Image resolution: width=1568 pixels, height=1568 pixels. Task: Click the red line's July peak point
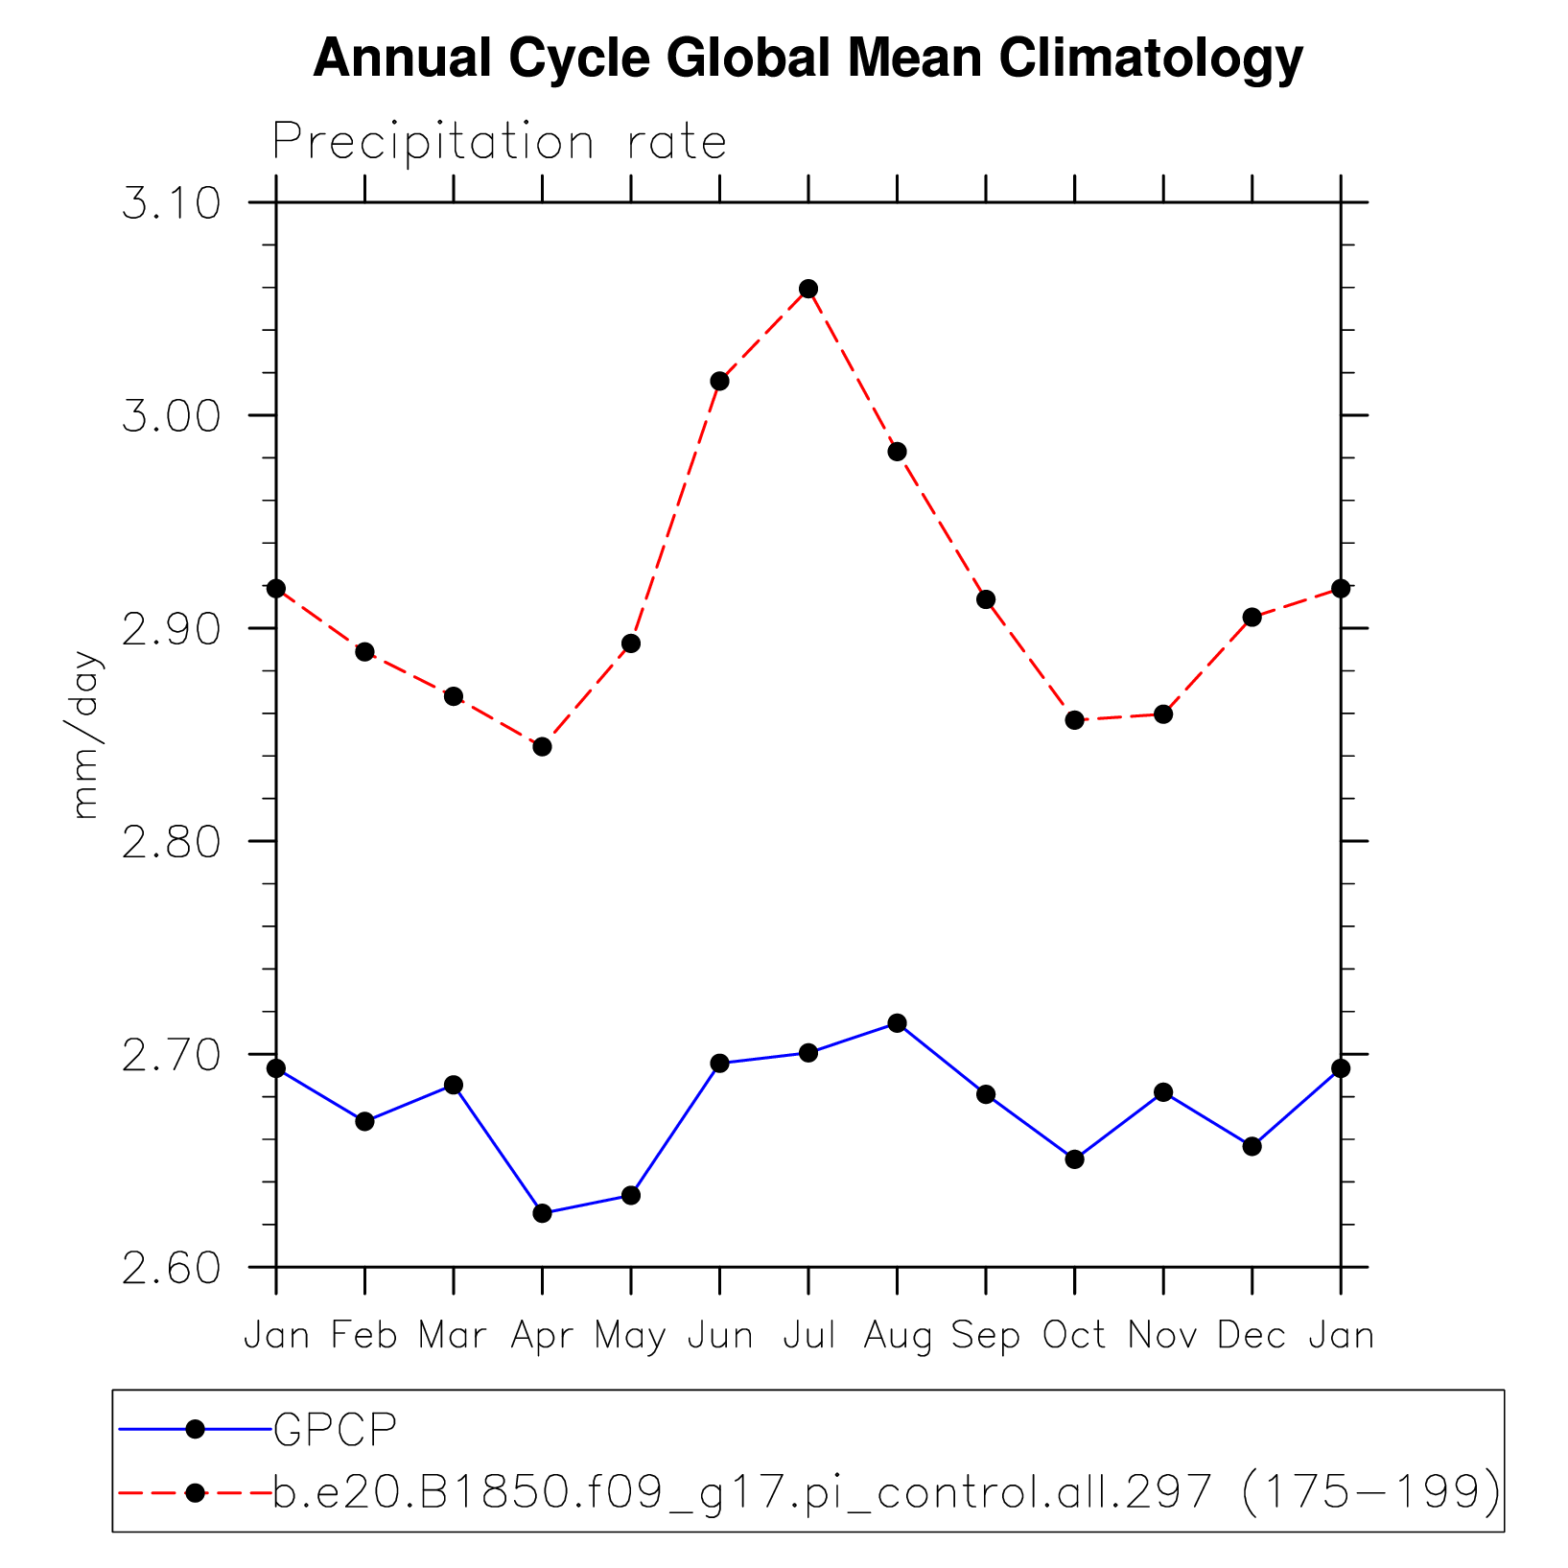pyautogui.click(x=808, y=289)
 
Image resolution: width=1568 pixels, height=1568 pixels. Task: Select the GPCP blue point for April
pyautogui.click(x=542, y=1213)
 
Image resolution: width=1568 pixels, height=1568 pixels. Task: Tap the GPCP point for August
pyautogui.click(x=897, y=1023)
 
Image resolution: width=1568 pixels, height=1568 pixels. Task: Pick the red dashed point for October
pyautogui.click(x=1074, y=720)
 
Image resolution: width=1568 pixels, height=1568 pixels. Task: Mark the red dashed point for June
pyautogui.click(x=719, y=381)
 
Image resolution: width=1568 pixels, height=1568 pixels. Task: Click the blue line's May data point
pyautogui.click(x=630, y=1196)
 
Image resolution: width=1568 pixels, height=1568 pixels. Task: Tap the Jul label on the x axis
pyautogui.click(x=808, y=1335)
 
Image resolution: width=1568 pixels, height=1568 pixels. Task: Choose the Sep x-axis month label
pyautogui.click(x=986, y=1335)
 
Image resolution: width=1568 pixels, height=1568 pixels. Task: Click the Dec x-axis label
pyautogui.click(x=1252, y=1335)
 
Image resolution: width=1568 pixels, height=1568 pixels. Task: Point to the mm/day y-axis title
pyautogui.click(x=85, y=735)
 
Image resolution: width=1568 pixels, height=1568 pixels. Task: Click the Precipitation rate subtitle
pyautogui.click(x=499, y=143)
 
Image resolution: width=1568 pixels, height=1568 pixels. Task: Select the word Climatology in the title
pyautogui.click(x=1151, y=59)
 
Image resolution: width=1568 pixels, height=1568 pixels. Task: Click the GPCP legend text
pyautogui.click(x=335, y=1429)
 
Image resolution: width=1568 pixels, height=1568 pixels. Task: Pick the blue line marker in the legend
pyautogui.click(x=195, y=1429)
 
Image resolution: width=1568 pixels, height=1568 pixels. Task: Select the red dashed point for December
pyautogui.click(x=1252, y=617)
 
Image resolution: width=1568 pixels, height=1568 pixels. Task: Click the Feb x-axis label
pyautogui.click(x=364, y=1335)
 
